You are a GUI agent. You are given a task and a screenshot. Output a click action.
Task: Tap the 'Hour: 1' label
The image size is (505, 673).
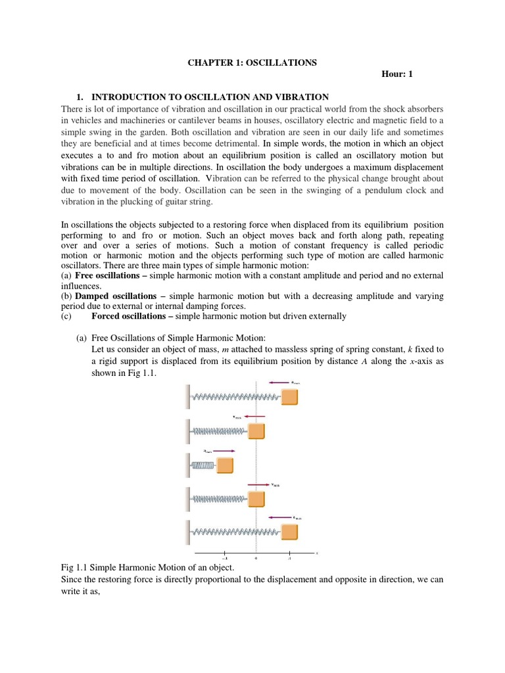point(397,74)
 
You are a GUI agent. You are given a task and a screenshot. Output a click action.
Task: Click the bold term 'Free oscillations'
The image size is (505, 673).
point(108,275)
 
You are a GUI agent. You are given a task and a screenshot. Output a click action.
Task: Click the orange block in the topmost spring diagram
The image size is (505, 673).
point(289,397)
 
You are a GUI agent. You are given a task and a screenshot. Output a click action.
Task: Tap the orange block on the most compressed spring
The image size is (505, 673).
point(225,465)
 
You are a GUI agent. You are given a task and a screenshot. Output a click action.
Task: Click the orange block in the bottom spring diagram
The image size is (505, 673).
point(289,530)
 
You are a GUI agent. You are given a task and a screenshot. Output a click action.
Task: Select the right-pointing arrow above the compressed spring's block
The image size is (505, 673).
point(224,451)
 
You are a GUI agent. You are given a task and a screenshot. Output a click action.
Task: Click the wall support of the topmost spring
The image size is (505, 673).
point(189,397)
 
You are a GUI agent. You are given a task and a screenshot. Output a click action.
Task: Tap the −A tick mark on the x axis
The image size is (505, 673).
point(224,553)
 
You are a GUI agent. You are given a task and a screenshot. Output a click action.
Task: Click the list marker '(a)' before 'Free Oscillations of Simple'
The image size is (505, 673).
point(82,337)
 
